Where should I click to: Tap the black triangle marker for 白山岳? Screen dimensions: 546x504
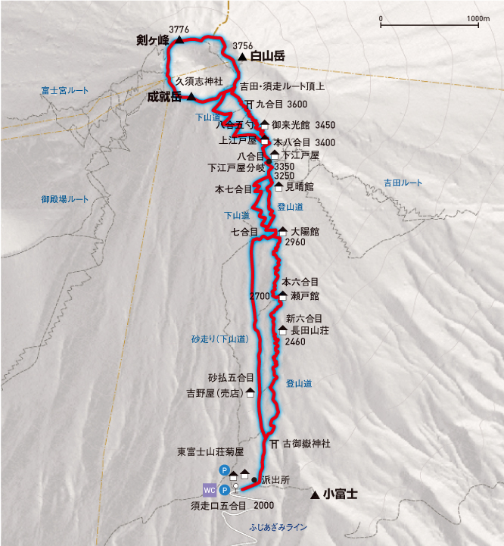click(241, 57)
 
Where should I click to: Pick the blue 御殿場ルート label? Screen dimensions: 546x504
click(65, 199)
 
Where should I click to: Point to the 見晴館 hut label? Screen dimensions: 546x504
click(300, 186)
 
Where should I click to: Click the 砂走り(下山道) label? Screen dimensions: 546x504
click(219, 339)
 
